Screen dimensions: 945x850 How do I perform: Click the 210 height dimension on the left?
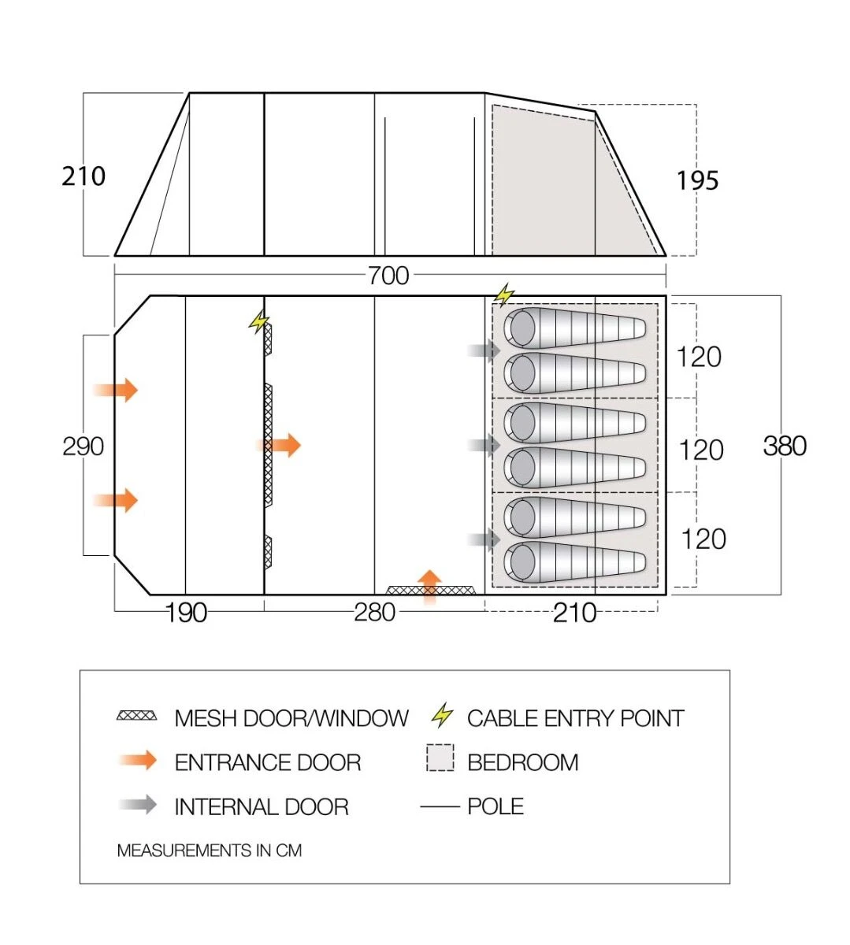coord(84,176)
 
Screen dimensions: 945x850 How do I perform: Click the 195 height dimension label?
coord(697,181)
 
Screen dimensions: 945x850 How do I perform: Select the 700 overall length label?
coord(388,276)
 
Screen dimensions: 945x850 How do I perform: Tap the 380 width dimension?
coord(785,446)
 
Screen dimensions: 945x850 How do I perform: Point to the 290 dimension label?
coord(83,447)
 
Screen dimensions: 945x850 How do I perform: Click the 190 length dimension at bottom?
coord(186,613)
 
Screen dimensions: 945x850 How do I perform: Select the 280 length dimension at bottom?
coord(374,612)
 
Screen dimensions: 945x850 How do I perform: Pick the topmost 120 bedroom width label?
coord(699,357)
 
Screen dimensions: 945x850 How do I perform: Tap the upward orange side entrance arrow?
coord(429,585)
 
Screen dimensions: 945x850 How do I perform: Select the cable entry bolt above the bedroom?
coord(503,295)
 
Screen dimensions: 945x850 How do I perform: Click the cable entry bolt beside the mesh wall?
coord(259,322)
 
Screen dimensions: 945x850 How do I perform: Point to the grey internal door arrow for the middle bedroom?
coord(485,445)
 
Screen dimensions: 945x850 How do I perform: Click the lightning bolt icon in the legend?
coord(443,716)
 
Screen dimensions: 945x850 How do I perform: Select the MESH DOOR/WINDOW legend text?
coord(291,718)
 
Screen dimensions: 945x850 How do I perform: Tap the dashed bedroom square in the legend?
coord(440,758)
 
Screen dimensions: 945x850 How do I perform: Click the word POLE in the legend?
coord(495,806)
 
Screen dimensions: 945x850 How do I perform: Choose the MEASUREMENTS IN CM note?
coord(209,850)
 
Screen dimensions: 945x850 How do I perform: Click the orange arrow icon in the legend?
coord(138,760)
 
